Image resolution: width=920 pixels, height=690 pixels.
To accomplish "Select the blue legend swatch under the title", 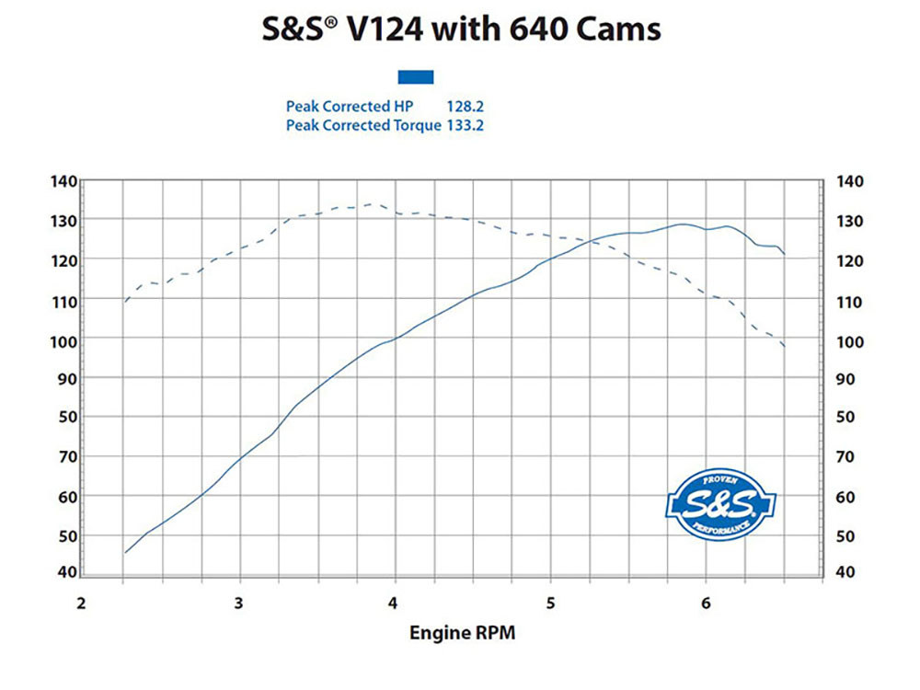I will (415, 77).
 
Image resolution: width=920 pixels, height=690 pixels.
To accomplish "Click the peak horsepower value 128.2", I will (466, 107).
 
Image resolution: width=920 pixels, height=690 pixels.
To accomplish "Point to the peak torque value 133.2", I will (466, 125).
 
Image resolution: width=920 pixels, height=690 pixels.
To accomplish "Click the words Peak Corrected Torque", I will (363, 125).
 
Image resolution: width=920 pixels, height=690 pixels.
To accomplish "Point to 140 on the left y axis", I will (63, 180).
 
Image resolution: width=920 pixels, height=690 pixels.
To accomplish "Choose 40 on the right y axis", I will (844, 572).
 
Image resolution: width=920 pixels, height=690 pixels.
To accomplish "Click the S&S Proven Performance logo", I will (721, 503).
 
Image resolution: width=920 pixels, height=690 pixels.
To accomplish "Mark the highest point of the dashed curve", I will (370, 204).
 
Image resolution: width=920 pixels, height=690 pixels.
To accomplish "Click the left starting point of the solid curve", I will (125, 553).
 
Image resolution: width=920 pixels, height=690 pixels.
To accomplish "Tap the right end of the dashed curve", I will (784, 346).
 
